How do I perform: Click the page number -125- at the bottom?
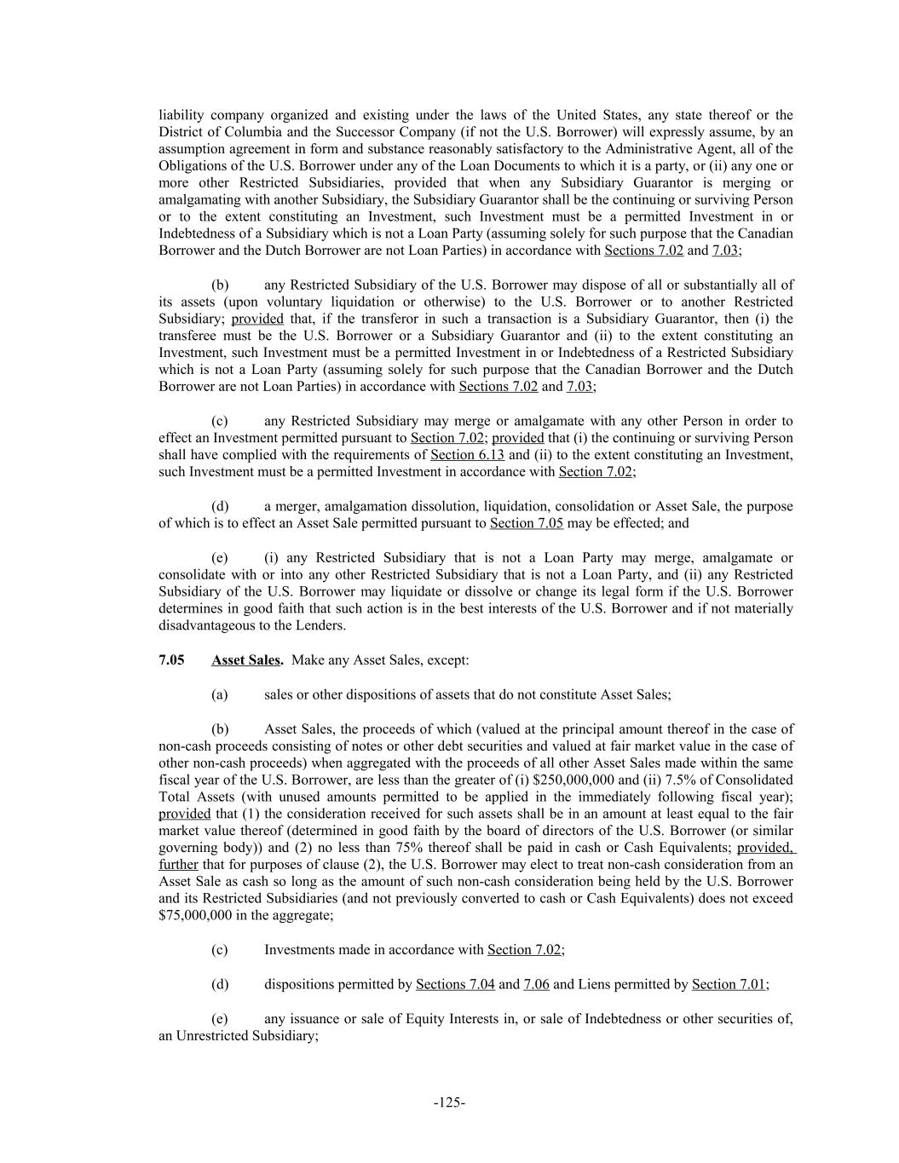point(449,1103)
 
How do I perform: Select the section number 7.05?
point(171,660)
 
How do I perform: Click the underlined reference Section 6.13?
point(467,455)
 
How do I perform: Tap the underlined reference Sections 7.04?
point(455,984)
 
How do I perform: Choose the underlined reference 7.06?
point(536,984)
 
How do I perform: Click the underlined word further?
point(178,865)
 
